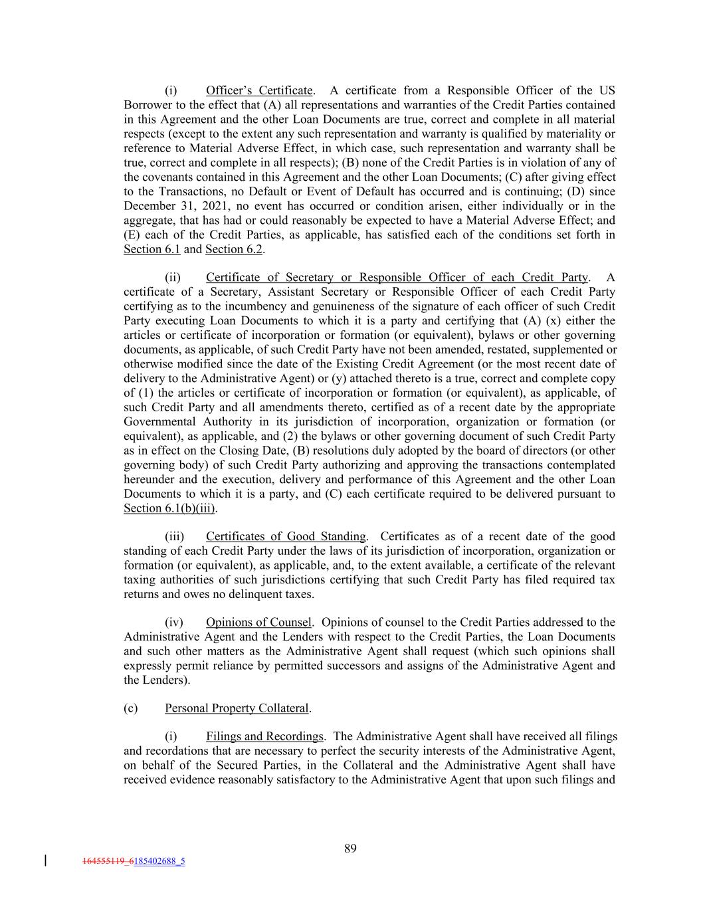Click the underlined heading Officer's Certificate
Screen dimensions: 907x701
pos(259,90)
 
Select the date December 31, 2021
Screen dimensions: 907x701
pos(167,206)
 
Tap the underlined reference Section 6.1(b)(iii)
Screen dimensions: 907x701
pos(170,508)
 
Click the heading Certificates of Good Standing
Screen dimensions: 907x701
pos(286,536)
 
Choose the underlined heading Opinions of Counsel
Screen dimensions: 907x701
pos(258,623)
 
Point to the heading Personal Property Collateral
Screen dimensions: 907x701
pos(237,708)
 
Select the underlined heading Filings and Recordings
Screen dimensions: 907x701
pos(264,736)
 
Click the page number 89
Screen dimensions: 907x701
pos(350,849)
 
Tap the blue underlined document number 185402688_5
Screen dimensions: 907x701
pos(159,862)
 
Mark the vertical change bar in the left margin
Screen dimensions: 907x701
pos(45,862)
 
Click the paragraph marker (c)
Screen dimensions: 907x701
pos(131,708)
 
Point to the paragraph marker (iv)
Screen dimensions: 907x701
pos(173,623)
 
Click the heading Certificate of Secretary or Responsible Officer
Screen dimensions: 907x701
pos(397,277)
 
